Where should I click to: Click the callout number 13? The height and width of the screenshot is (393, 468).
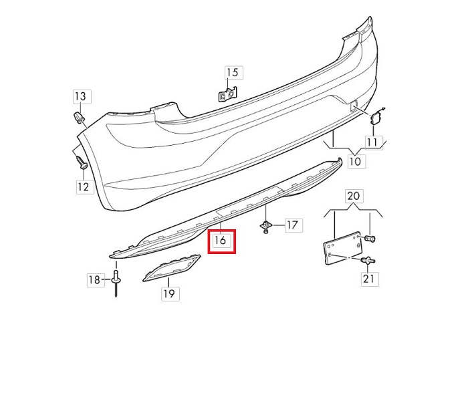(x=80, y=96)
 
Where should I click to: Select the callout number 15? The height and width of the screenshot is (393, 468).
(x=233, y=72)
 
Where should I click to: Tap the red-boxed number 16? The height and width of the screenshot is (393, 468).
(x=220, y=240)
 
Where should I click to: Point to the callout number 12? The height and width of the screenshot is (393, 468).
(x=84, y=186)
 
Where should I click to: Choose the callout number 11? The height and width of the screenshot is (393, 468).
(x=372, y=142)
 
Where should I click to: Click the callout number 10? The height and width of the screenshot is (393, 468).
(x=355, y=162)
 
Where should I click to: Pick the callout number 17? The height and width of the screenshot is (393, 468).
(x=292, y=225)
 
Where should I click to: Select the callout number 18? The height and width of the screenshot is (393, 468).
(x=94, y=279)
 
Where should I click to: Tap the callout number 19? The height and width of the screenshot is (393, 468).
(x=169, y=293)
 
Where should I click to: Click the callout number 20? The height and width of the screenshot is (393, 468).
(x=354, y=196)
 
